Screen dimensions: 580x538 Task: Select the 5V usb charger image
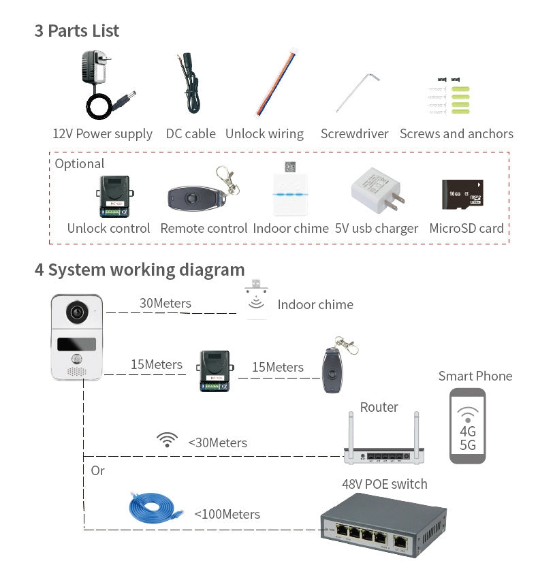pyautogui.click(x=377, y=193)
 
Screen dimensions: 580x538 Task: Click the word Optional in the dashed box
pyautogui.click(x=80, y=164)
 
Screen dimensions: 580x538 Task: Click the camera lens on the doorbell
pyautogui.click(x=77, y=312)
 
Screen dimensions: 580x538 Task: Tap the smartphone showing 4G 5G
pyautogui.click(x=468, y=425)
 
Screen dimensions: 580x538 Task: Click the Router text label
pyautogui.click(x=379, y=407)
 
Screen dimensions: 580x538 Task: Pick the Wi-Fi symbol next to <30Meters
pyautogui.click(x=167, y=440)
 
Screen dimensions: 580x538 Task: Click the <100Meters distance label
pyautogui.click(x=227, y=514)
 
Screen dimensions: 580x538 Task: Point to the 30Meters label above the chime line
pyautogui.click(x=165, y=304)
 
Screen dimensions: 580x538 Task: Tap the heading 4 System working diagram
pyautogui.click(x=140, y=270)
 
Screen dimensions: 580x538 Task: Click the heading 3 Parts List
pyautogui.click(x=77, y=31)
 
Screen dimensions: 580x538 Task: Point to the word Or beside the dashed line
pyautogui.click(x=98, y=470)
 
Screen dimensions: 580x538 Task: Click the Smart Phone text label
pyautogui.click(x=475, y=376)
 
